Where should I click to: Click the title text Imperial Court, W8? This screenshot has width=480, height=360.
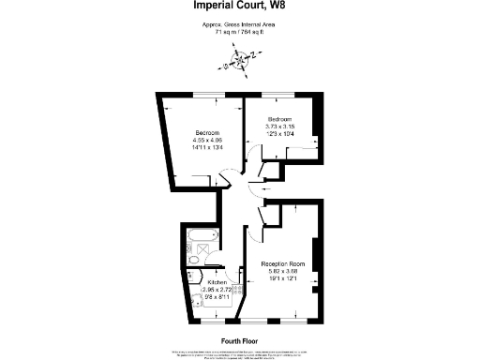[x=240, y=9]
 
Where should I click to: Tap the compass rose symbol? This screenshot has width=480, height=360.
[x=239, y=63]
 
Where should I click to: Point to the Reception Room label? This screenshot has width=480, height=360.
[x=283, y=265]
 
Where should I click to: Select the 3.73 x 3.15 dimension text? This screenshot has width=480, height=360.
[x=281, y=127]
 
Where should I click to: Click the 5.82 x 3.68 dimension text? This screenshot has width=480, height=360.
[x=283, y=273]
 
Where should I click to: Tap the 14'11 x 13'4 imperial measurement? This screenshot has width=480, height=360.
[x=207, y=147]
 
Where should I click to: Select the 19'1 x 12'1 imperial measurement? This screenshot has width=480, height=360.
[x=283, y=280]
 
